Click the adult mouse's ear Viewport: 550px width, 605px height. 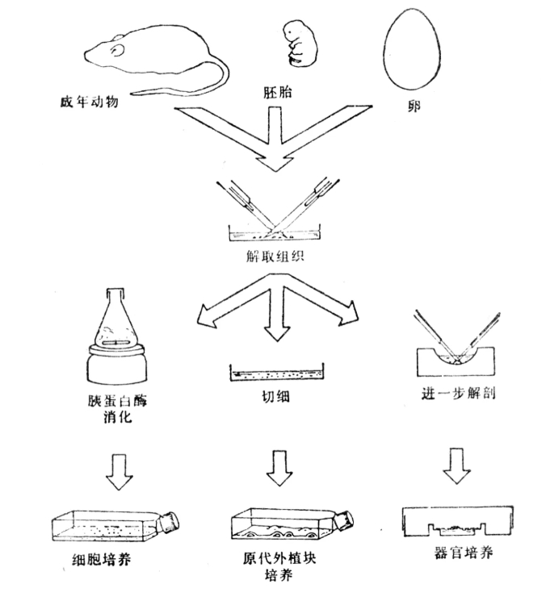tap(119, 51)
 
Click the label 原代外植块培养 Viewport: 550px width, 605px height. tap(279, 565)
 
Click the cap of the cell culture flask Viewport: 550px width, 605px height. tap(171, 522)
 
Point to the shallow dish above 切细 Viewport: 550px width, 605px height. tap(276, 375)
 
